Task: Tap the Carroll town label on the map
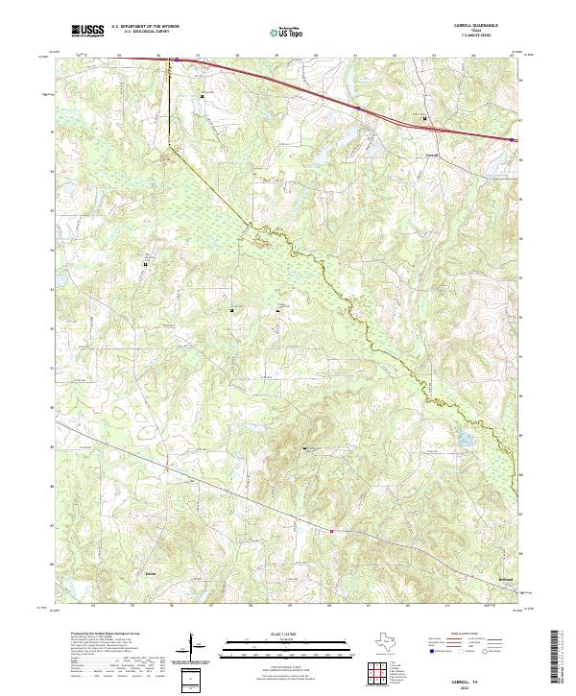(x=432, y=155)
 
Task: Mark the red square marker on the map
(x=332, y=531)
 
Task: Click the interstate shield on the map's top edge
(x=177, y=59)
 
